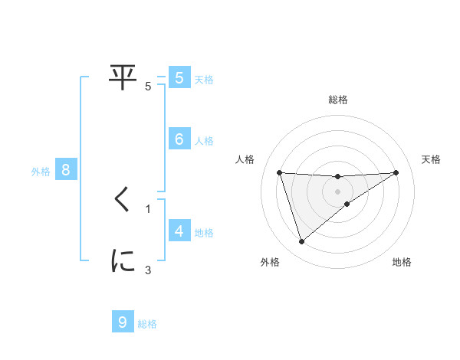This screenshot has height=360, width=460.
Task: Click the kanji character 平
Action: pyautogui.click(x=123, y=77)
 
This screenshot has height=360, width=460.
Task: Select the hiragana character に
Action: pyautogui.click(x=123, y=261)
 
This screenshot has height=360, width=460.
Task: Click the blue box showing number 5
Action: pyautogui.click(x=179, y=77)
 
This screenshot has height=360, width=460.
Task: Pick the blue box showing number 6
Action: pyautogui.click(x=179, y=139)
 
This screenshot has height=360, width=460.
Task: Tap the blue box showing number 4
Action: pyautogui.click(x=179, y=231)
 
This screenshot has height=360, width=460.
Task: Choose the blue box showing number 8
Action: pyautogui.click(x=66, y=170)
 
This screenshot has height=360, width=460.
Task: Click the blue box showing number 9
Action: pyautogui.click(x=123, y=322)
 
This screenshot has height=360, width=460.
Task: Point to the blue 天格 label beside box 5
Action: pyautogui.click(x=203, y=79)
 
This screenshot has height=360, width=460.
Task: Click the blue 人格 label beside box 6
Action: pyautogui.click(x=203, y=141)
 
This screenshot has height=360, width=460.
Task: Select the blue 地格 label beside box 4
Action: pyautogui.click(x=203, y=233)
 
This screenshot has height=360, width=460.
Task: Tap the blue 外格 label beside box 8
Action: pyautogui.click(x=41, y=172)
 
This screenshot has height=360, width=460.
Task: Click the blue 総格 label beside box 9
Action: pyautogui.click(x=147, y=325)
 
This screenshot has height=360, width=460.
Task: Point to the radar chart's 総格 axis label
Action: pyautogui.click(x=338, y=100)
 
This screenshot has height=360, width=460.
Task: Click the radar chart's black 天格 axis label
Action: pyautogui.click(x=431, y=159)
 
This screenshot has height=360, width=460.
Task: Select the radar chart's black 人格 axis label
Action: pyautogui.click(x=245, y=159)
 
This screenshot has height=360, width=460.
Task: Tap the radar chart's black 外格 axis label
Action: pyautogui.click(x=269, y=262)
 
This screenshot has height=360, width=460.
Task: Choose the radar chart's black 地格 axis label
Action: pyautogui.click(x=402, y=262)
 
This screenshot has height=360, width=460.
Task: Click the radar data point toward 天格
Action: pyautogui.click(x=396, y=172)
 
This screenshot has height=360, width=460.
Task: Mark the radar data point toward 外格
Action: pyautogui.click(x=301, y=242)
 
